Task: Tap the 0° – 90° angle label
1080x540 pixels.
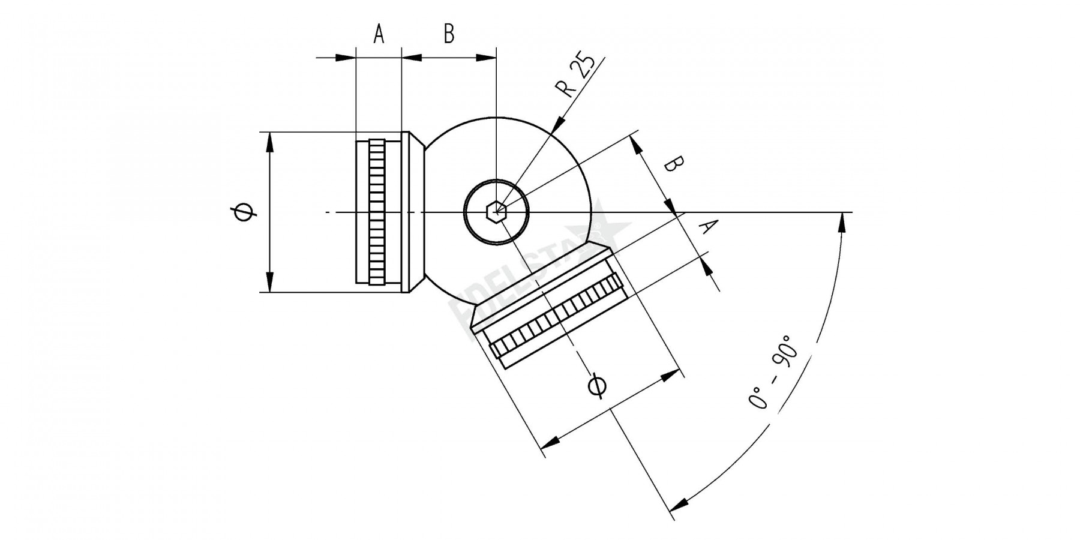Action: pos(773,372)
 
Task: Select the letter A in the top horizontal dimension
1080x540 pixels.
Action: pos(378,34)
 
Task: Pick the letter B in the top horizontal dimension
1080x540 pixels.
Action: pos(449,34)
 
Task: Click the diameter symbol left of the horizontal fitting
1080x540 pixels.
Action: pos(244,212)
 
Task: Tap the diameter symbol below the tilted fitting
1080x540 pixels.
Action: pos(598,385)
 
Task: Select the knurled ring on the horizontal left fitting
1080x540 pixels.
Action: pos(377,212)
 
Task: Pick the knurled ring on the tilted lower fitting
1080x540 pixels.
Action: pos(558,319)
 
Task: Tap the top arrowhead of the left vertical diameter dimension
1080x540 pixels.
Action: pos(269,141)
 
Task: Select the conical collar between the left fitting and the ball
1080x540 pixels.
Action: pos(414,212)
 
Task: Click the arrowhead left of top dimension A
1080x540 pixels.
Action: pos(345,58)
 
